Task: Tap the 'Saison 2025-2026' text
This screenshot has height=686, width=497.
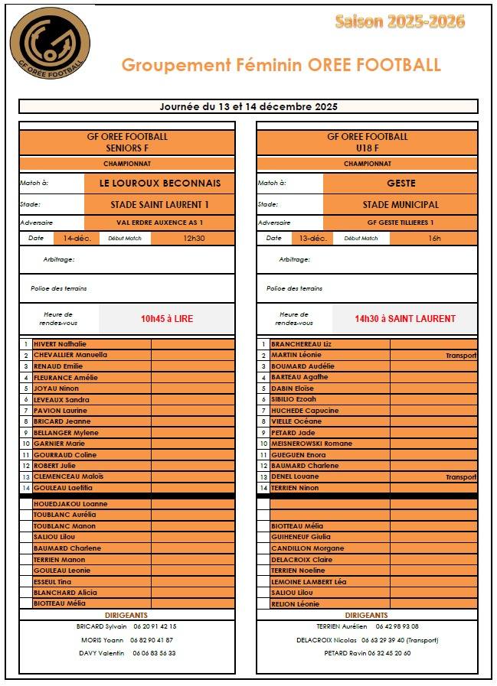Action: (399, 21)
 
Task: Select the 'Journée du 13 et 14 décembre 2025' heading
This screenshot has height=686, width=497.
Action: (248, 106)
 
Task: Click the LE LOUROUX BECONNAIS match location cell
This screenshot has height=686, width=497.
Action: (160, 184)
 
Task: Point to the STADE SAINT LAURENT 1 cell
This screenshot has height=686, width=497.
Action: (160, 205)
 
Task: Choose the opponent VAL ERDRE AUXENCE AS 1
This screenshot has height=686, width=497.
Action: (160, 223)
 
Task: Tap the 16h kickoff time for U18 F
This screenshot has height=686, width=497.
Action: (434, 238)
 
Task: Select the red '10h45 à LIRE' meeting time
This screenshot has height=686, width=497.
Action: (167, 319)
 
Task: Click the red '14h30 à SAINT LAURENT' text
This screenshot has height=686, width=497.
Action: (404, 319)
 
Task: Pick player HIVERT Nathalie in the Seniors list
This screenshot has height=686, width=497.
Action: (60, 344)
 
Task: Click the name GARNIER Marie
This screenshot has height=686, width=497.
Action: (59, 444)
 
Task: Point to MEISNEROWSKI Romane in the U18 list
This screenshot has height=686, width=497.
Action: (306, 444)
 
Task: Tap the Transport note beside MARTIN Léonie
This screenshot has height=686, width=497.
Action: (461, 356)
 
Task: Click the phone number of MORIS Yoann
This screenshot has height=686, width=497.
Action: (152, 640)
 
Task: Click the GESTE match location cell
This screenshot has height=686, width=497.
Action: (401, 184)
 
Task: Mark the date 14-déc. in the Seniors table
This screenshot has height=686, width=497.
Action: (77, 238)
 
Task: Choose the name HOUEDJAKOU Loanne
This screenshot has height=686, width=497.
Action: (70, 504)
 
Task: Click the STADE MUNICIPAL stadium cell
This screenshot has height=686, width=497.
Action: (401, 205)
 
